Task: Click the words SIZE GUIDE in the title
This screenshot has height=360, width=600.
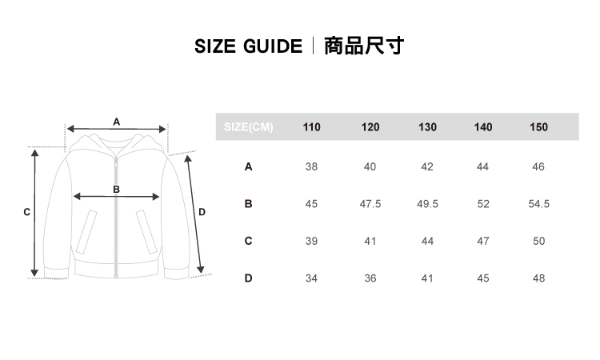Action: pyautogui.click(x=248, y=46)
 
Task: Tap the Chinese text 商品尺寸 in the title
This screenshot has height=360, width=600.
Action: pyautogui.click(x=364, y=46)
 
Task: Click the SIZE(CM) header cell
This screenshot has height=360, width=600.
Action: pyautogui.click(x=249, y=127)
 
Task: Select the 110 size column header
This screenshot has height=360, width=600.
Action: pyautogui.click(x=311, y=127)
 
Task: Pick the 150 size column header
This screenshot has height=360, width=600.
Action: pyautogui.click(x=538, y=127)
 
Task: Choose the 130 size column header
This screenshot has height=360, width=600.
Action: pyautogui.click(x=427, y=127)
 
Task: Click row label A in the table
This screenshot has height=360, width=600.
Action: pyautogui.click(x=248, y=167)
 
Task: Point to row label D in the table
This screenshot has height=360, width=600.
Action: pyautogui.click(x=248, y=278)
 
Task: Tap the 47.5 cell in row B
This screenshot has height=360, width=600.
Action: pyautogui.click(x=370, y=204)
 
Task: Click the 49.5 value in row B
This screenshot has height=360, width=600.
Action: pyautogui.click(x=427, y=204)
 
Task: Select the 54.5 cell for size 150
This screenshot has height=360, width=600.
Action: pyautogui.click(x=538, y=204)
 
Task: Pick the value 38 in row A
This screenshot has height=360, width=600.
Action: pyautogui.click(x=311, y=167)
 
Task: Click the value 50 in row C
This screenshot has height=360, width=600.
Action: pyautogui.click(x=538, y=241)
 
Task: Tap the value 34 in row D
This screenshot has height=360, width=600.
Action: pyautogui.click(x=311, y=278)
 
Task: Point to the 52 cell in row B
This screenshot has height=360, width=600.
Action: pyautogui.click(x=482, y=204)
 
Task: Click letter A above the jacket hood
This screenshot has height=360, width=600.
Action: pyautogui.click(x=117, y=122)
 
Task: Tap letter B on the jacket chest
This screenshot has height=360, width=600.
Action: pyautogui.click(x=117, y=190)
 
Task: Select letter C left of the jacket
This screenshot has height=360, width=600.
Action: pyautogui.click(x=27, y=213)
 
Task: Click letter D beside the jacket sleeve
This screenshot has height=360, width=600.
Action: pyautogui.click(x=202, y=213)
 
